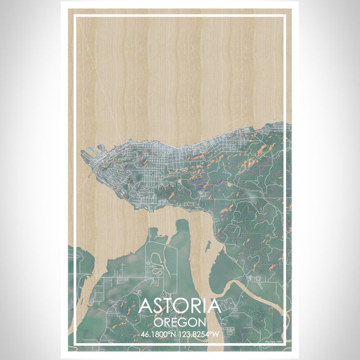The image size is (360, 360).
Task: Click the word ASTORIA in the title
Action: [x=180, y=307]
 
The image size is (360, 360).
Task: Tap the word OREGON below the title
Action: [x=180, y=321]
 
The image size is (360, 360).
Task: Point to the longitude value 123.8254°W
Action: [x=201, y=334]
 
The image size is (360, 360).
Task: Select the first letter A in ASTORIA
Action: [x=145, y=307]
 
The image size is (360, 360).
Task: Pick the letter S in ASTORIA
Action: [x=157, y=307]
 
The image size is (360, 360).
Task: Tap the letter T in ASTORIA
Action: [x=169, y=307]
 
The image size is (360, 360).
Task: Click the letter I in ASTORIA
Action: [x=205, y=307]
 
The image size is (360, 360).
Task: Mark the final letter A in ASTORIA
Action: [x=215, y=307]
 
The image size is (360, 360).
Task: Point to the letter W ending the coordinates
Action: [x=218, y=334]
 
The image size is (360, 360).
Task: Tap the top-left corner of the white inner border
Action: [x=74, y=16]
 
